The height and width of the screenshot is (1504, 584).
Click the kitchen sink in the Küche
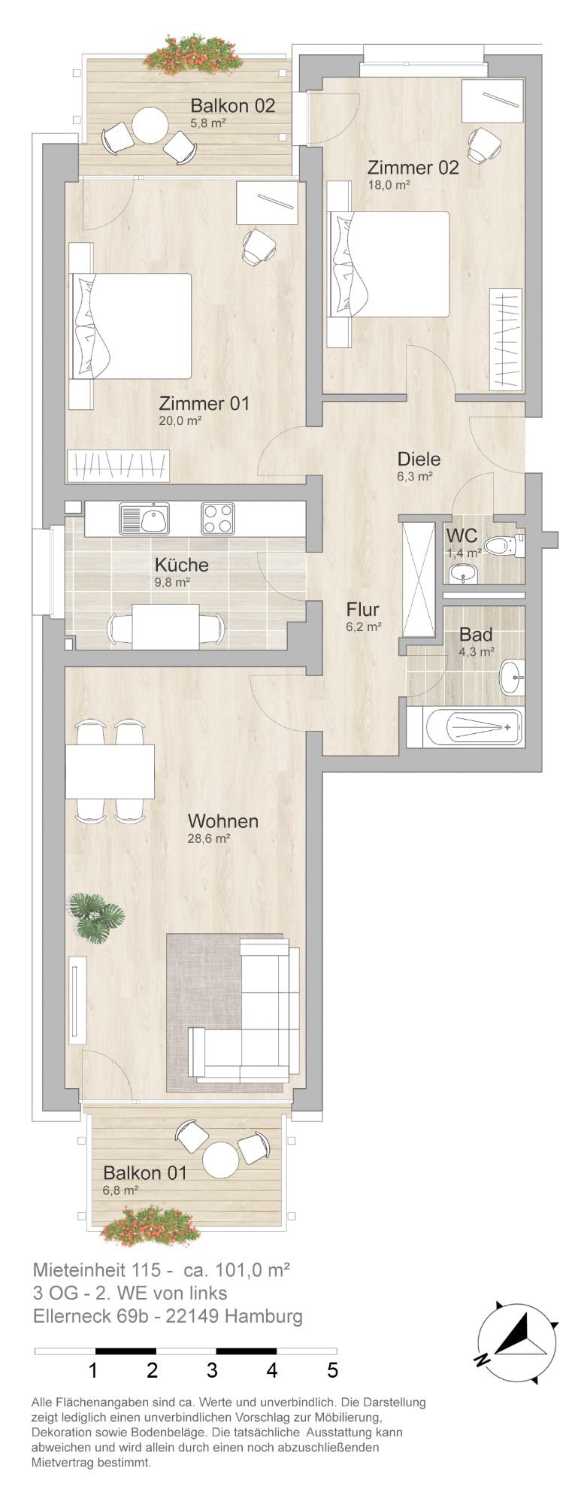coord(144,519)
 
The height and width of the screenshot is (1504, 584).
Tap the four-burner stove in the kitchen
coord(217,519)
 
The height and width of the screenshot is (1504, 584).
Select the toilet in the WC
coord(504,545)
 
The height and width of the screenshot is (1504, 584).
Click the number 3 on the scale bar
coord(212,1370)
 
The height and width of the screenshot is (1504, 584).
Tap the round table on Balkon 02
coord(151,125)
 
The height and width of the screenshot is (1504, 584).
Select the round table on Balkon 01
coord(221,1160)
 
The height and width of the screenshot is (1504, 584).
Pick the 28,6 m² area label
coord(208,838)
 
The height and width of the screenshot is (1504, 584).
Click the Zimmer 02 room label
coord(413,167)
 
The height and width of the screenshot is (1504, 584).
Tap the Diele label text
coord(419,459)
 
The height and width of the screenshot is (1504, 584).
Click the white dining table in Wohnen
coord(110,772)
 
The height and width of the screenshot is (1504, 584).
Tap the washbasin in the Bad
coord(513,677)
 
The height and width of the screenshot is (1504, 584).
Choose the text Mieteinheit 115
coord(97,1270)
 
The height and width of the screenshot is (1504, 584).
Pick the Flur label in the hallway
coord(362,609)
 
